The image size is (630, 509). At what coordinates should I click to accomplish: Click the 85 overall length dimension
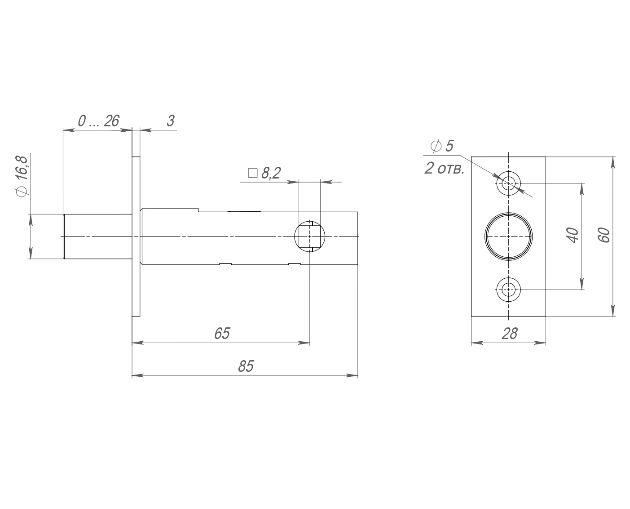pyautogui.click(x=246, y=366)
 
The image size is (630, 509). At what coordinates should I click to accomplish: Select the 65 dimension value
pyautogui.click(x=222, y=333)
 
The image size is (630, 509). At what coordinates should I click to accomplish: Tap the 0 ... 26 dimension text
pyautogui.click(x=98, y=121)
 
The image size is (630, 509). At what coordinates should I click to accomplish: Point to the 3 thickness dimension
pyautogui.click(x=171, y=121)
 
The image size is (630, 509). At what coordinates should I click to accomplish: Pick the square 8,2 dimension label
pyautogui.click(x=264, y=173)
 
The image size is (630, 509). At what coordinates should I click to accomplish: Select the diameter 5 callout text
pyautogui.click(x=442, y=146)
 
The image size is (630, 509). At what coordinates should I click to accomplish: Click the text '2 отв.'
pyautogui.click(x=444, y=169)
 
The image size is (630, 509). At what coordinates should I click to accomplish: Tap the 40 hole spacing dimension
pyautogui.click(x=573, y=235)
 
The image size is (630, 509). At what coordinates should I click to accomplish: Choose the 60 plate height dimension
pyautogui.click(x=604, y=235)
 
